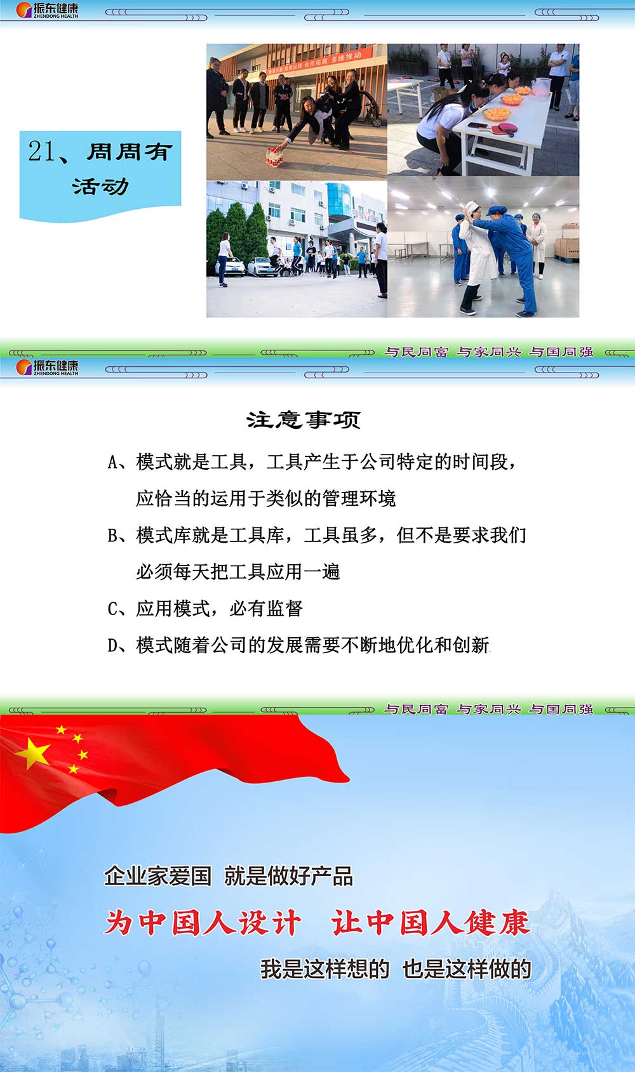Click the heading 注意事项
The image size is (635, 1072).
(x=304, y=420)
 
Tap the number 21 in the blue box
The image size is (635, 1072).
(x=41, y=151)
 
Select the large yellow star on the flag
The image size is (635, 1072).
(x=32, y=753)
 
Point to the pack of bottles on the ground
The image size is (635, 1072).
(x=274, y=157)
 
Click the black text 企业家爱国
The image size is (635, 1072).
(x=157, y=877)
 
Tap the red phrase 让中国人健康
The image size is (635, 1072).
(x=431, y=922)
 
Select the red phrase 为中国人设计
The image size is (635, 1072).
(x=203, y=922)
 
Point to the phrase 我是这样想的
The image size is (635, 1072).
(x=324, y=969)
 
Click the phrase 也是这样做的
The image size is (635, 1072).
(x=467, y=969)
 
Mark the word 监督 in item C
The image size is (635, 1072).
(x=284, y=609)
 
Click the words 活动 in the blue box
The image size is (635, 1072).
(x=100, y=187)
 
